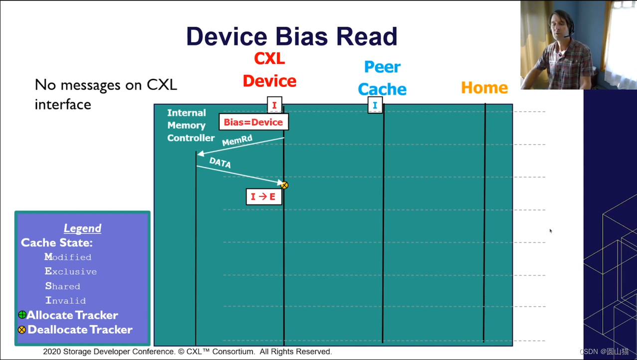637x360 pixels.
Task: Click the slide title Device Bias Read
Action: (x=292, y=36)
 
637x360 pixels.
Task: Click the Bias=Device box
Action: (x=254, y=122)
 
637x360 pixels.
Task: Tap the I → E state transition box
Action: (x=264, y=196)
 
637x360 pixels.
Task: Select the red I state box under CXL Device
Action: (x=275, y=105)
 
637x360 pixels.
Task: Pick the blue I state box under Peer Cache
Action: (x=375, y=105)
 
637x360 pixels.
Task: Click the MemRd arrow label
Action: (x=237, y=140)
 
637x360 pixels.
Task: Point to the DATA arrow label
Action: (x=220, y=163)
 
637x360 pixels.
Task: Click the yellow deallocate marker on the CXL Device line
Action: (x=284, y=185)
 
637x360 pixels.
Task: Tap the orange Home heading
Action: (x=484, y=87)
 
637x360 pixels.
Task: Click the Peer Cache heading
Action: (x=382, y=78)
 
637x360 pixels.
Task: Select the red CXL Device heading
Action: (x=270, y=70)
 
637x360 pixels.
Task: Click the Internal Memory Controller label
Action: (x=191, y=125)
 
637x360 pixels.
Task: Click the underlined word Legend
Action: (x=82, y=228)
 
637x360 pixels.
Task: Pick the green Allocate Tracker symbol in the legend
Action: (x=22, y=315)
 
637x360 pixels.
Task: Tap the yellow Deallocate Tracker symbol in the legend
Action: (x=22, y=330)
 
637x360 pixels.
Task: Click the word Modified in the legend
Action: (x=68, y=257)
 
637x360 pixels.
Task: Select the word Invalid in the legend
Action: (x=65, y=301)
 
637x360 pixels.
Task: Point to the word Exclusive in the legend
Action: (x=70, y=271)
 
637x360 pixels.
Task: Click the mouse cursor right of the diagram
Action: (x=551, y=231)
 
